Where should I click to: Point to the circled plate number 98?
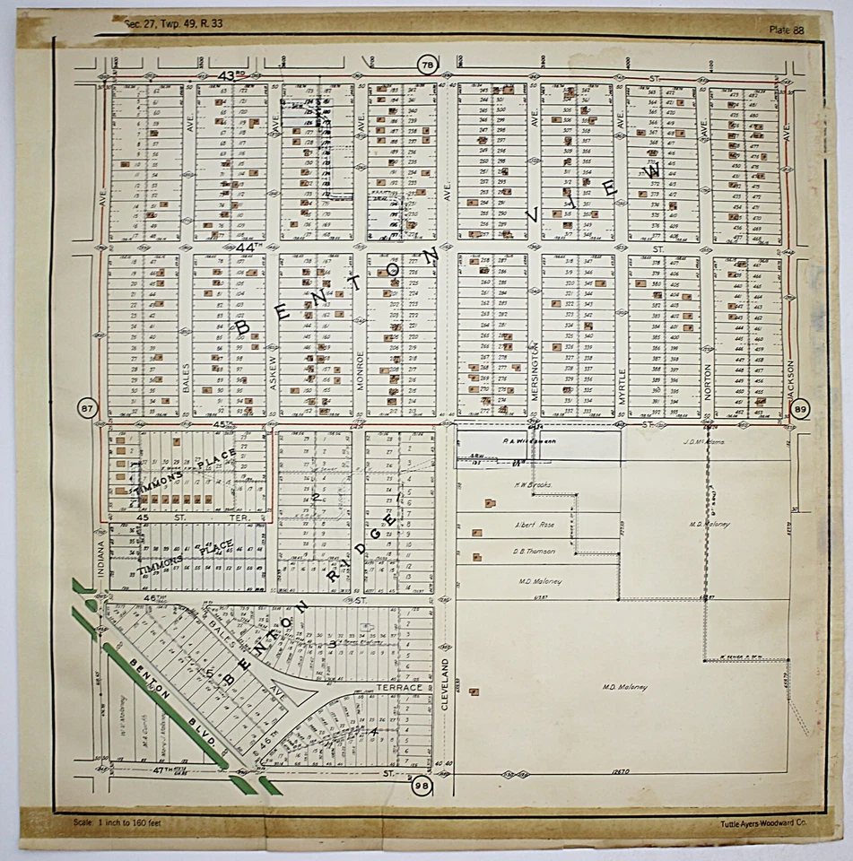click(x=422, y=787)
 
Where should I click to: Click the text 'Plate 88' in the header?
click(x=788, y=30)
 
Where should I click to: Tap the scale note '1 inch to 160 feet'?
click(x=125, y=822)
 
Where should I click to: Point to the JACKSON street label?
click(x=790, y=383)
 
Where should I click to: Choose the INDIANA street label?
click(x=101, y=558)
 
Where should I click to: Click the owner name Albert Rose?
click(x=535, y=525)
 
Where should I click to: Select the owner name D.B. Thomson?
click(x=534, y=552)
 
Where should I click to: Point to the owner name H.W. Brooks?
click(x=532, y=485)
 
